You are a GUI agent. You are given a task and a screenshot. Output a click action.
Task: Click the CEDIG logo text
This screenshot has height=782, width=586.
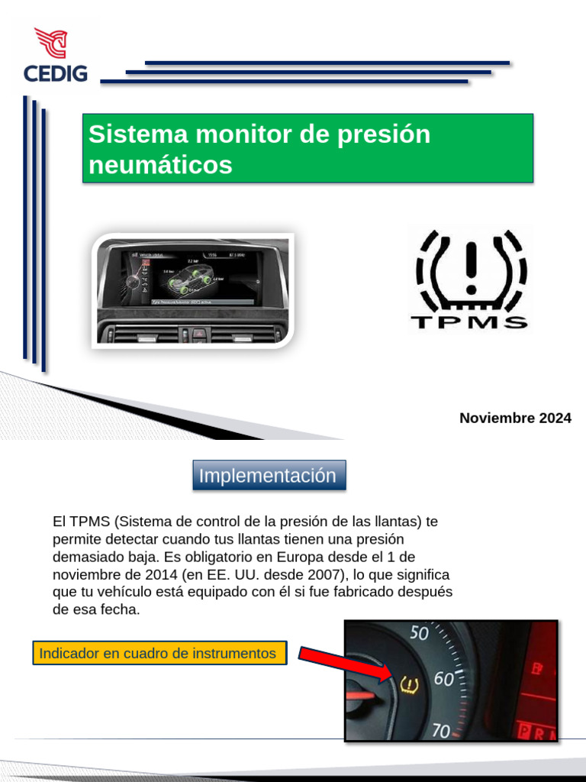click(x=55, y=74)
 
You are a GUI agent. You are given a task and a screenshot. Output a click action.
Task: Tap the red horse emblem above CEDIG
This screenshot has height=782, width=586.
click(x=52, y=44)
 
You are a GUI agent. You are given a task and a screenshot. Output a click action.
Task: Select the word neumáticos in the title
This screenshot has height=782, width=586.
click(x=160, y=164)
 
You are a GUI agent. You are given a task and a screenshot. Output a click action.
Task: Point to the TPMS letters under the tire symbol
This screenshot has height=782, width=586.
click(x=468, y=322)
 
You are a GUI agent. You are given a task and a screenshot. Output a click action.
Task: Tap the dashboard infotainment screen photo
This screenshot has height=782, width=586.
click(x=193, y=290)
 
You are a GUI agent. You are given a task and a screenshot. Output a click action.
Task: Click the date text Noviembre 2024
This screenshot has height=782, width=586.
click(x=515, y=418)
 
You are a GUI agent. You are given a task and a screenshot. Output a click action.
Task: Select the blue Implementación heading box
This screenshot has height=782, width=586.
click(x=268, y=475)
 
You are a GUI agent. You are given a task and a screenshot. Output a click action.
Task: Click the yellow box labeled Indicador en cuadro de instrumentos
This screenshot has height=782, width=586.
click(x=159, y=654)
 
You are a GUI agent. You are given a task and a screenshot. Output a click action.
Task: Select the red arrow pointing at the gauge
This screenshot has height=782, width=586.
click(x=342, y=664)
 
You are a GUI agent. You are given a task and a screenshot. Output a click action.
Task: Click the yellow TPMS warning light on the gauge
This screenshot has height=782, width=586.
click(x=409, y=685)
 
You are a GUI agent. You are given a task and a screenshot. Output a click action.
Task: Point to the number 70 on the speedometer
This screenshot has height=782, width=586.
click(x=440, y=730)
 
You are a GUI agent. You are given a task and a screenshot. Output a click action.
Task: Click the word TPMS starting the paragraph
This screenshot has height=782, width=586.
click(x=90, y=522)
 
